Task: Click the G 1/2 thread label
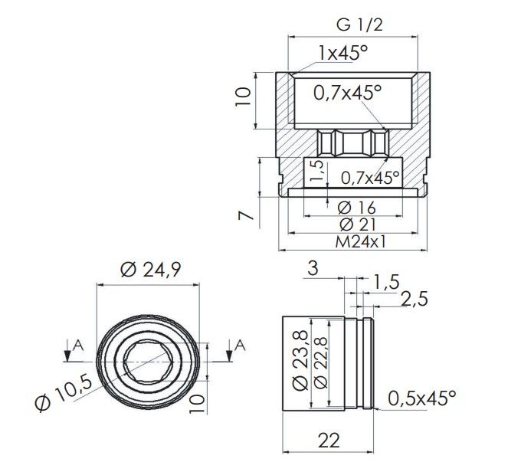pos(359,25)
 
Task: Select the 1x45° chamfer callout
pos(343,53)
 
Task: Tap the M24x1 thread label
pos(361,241)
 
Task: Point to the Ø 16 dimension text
pos(356,208)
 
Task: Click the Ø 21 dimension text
pos(357,224)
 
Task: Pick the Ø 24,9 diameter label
pos(150,270)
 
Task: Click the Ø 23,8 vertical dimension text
pos(300,360)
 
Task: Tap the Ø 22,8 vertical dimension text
pos(320,362)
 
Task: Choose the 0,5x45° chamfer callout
pos(422,398)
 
